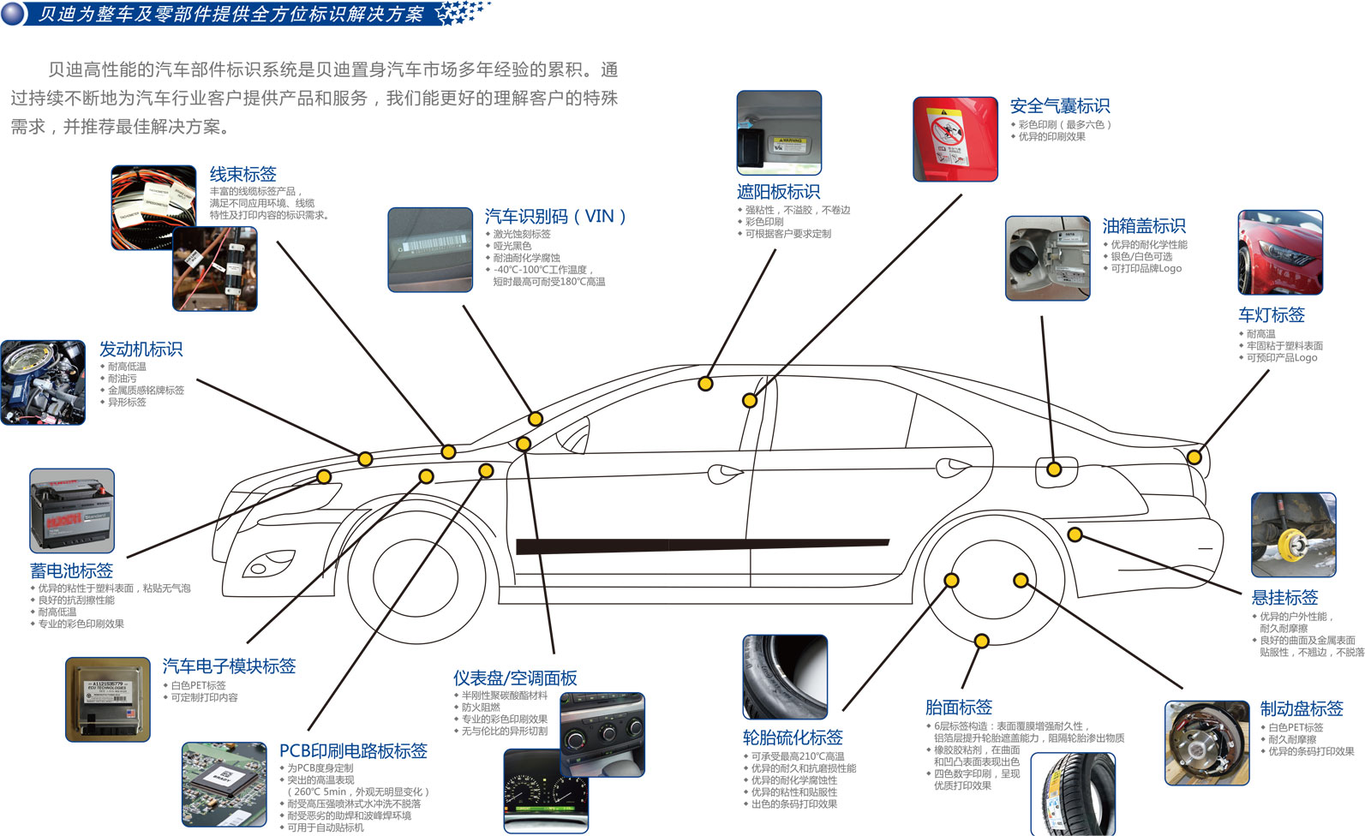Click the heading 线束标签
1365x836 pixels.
[242, 175]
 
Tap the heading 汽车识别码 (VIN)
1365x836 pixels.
[555, 217]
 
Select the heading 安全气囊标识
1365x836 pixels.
[1059, 106]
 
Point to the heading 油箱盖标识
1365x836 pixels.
[1144, 226]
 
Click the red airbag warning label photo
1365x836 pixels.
[955, 139]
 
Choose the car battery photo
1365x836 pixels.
[72, 511]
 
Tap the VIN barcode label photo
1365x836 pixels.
[430, 249]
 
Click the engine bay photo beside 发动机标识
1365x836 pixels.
[43, 382]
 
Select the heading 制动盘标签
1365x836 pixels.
[1301, 709]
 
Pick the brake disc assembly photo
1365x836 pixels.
[1206, 743]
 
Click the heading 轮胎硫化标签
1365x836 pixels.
[793, 737]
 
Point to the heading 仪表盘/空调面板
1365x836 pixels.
[515, 678]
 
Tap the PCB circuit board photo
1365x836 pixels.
[224, 784]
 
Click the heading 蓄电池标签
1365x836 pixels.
[71, 570]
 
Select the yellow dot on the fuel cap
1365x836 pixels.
[1054, 469]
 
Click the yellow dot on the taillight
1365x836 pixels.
[1194, 457]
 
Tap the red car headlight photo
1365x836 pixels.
[1279, 253]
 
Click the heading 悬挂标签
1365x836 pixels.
[1284, 598]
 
